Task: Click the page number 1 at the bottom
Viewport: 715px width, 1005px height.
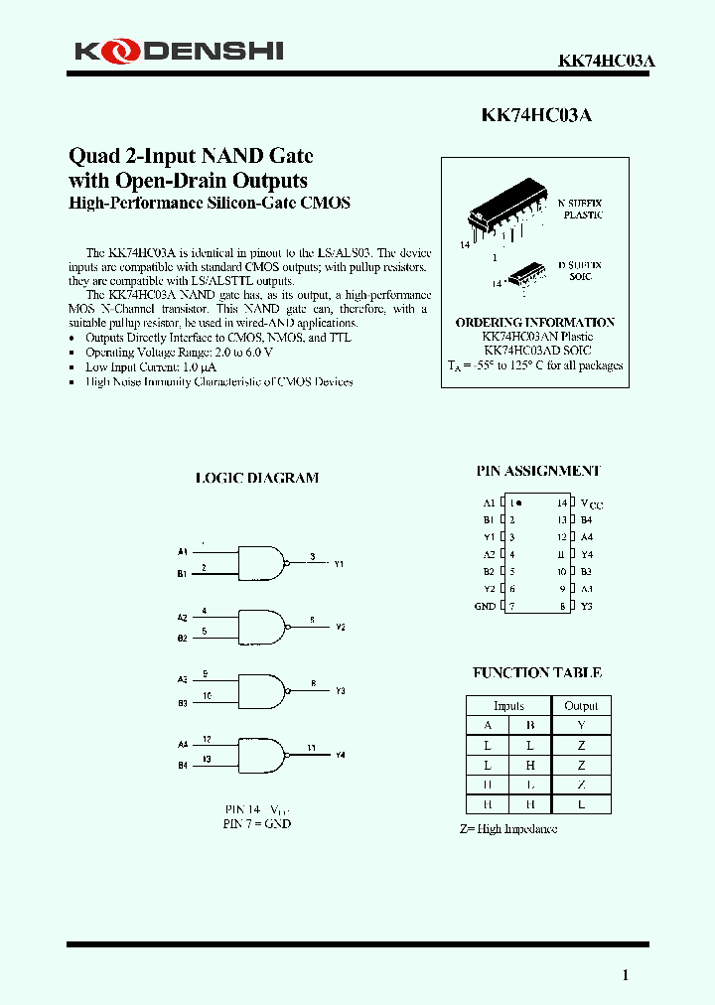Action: pos(625,975)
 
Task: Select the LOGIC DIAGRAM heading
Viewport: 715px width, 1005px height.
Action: pos(257,478)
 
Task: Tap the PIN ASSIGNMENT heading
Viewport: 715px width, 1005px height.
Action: pos(537,471)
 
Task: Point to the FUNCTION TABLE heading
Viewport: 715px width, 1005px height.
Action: pos(537,672)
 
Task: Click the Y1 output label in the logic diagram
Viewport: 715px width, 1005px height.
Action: pos(339,564)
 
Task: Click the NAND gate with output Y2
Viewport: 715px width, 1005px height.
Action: pos(261,627)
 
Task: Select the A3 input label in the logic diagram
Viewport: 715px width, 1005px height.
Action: pos(182,679)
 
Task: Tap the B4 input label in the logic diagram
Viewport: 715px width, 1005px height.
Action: pos(182,766)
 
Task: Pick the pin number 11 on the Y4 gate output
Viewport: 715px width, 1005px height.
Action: pos(311,747)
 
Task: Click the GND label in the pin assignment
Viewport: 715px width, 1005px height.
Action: pos(485,606)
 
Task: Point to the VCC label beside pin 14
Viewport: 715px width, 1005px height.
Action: pos(591,503)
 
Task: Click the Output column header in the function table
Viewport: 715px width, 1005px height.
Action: pos(581,706)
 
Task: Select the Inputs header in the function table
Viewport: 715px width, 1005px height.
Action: pos(508,706)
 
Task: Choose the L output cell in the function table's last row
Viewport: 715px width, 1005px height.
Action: pos(581,804)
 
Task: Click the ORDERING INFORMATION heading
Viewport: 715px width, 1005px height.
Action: pos(534,323)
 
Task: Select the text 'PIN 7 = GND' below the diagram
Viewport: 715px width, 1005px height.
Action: pos(257,823)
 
